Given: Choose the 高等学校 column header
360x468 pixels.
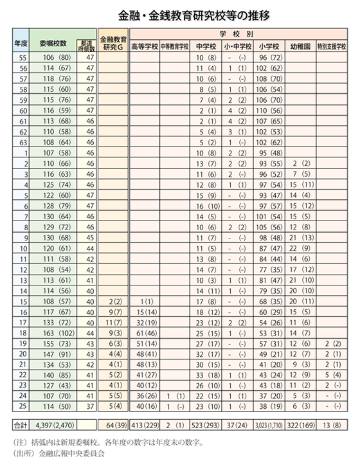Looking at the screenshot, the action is (145, 47).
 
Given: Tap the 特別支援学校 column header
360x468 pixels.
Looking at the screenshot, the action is (332, 47).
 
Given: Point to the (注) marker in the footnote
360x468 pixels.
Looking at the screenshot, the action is (21, 442).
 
